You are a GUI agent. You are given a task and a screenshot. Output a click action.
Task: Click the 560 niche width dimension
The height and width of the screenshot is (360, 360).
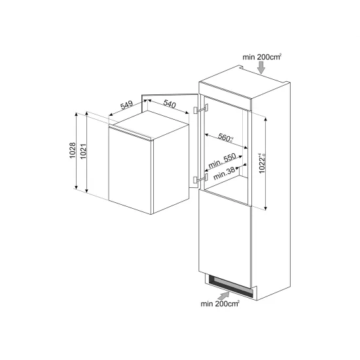[225, 137]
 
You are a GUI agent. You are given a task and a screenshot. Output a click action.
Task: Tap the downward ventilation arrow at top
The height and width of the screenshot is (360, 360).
[262, 69]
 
